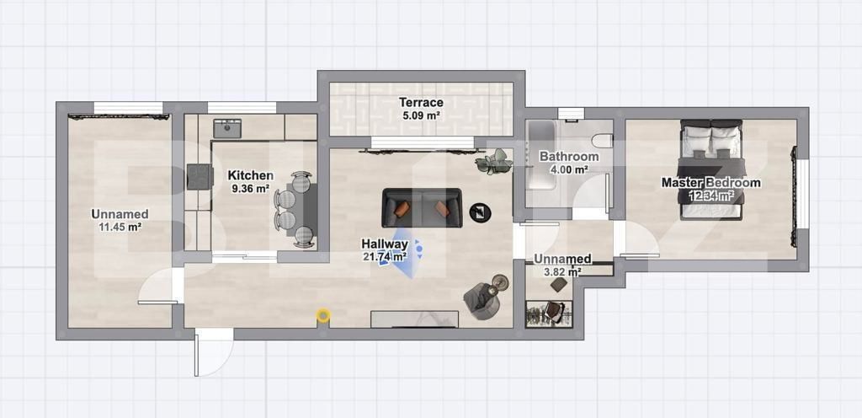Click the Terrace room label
coord(421,103)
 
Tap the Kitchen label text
coord(250,175)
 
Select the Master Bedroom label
coord(710,183)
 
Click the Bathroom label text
coord(569,157)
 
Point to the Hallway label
coord(385,244)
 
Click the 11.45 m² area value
coord(120,227)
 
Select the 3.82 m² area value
coord(562,271)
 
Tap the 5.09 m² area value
coord(421,115)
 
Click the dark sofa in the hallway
coord(421,207)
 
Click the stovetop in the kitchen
coord(200,176)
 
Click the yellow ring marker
coord(323,315)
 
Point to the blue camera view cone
coord(402,253)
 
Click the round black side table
coord(480,212)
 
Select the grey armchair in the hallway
coord(480,301)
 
